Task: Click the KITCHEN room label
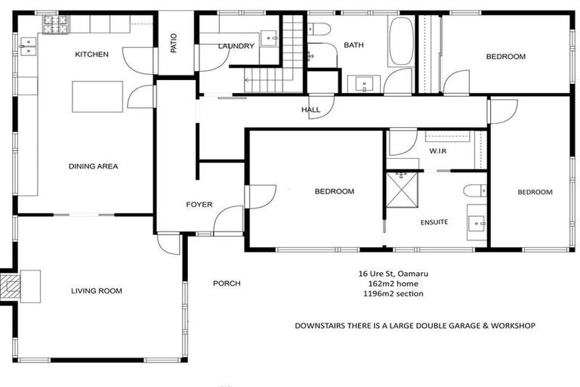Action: [x=91, y=54]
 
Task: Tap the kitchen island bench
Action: [x=97, y=97]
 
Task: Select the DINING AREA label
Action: [x=93, y=166]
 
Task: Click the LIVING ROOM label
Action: [x=97, y=291]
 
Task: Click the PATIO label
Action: [x=174, y=45]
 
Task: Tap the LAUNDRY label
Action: [x=236, y=46]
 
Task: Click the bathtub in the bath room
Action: [x=400, y=43]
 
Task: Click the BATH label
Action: [x=353, y=45]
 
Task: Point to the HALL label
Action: [x=311, y=110]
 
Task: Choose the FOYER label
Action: [x=199, y=205]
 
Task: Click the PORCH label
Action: [x=227, y=284]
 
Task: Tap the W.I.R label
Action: [x=440, y=151]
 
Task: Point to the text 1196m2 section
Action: [x=391, y=294]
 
